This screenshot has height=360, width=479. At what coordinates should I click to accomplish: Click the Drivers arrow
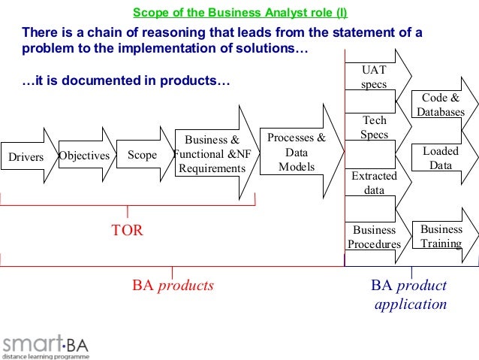coord(27,156)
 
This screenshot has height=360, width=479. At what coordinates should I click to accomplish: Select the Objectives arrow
coord(84,156)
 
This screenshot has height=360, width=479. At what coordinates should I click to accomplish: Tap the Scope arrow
coord(143,156)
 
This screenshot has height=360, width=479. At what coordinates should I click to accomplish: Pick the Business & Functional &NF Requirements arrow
coord(213,153)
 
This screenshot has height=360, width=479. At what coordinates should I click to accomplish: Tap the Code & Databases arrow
coord(441,105)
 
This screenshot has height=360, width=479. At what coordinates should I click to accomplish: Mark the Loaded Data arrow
coord(441,158)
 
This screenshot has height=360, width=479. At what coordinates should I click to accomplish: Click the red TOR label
coord(127,231)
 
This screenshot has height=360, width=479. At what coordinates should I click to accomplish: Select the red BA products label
coord(173,286)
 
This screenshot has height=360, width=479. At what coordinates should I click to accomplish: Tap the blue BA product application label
coord(410,295)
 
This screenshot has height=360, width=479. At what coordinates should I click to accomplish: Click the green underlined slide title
coord(239,13)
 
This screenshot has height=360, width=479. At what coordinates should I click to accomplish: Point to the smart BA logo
coord(45,347)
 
